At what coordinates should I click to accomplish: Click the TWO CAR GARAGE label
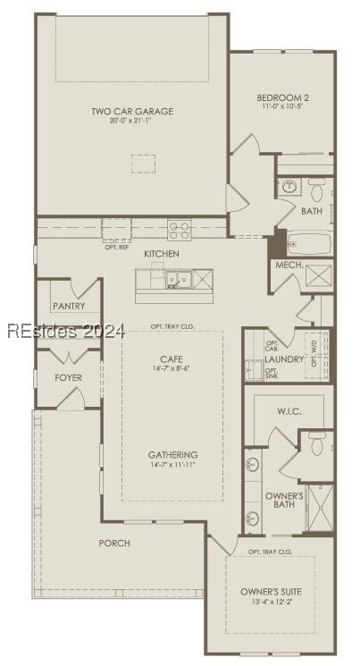tap(131, 112)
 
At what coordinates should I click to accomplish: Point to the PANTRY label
tap(68, 307)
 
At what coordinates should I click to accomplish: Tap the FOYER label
tap(68, 378)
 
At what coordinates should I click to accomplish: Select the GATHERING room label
tap(172, 454)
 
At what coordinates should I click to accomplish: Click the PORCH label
tap(114, 543)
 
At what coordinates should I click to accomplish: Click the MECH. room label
tap(288, 266)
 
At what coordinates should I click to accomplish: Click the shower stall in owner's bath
tap(319, 507)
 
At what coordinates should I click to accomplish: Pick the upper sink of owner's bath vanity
tap(253, 465)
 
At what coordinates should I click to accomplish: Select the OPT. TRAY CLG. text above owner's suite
tap(270, 552)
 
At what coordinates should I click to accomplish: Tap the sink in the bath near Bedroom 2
tap(289, 188)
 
